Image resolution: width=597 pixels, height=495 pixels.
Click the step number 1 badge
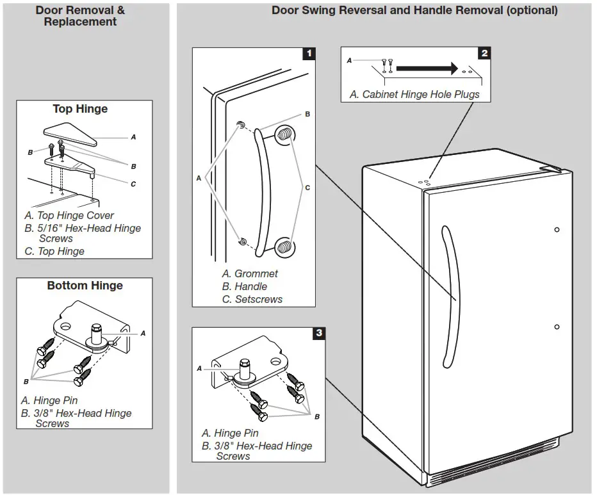coord(309,53)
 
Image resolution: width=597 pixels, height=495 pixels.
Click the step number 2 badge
coord(484,53)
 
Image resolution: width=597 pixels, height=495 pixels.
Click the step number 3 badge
coord(318,333)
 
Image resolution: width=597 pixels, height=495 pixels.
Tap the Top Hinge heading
coord(80,109)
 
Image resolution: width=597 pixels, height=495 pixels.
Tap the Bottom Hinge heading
coord(85,286)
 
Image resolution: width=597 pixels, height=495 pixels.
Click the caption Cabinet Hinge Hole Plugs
coord(414,94)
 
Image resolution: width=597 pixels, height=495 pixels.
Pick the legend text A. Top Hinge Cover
coord(69,216)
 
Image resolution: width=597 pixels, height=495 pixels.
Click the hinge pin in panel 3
coord(243,368)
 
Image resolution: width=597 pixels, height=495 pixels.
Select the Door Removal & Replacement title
coord(80,16)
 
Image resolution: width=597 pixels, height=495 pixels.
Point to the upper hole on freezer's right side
coord(557,229)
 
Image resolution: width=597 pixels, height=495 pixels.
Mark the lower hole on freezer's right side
coord(557,327)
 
